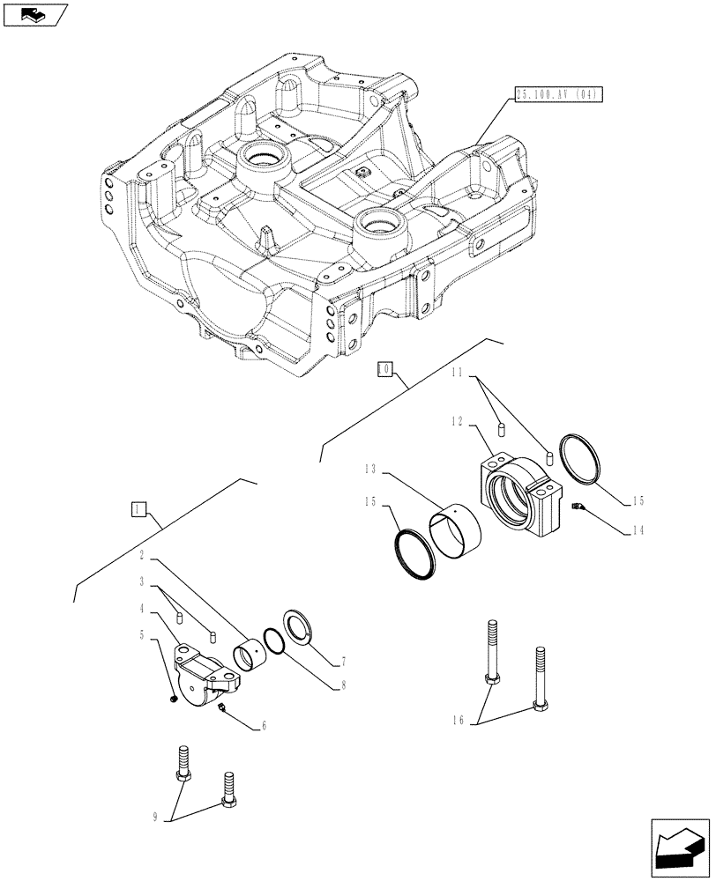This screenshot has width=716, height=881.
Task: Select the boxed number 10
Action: point(384,369)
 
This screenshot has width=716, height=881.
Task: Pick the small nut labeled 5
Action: point(175,700)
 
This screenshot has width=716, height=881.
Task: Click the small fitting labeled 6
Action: point(223,707)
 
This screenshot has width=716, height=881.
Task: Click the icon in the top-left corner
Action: point(34,13)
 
